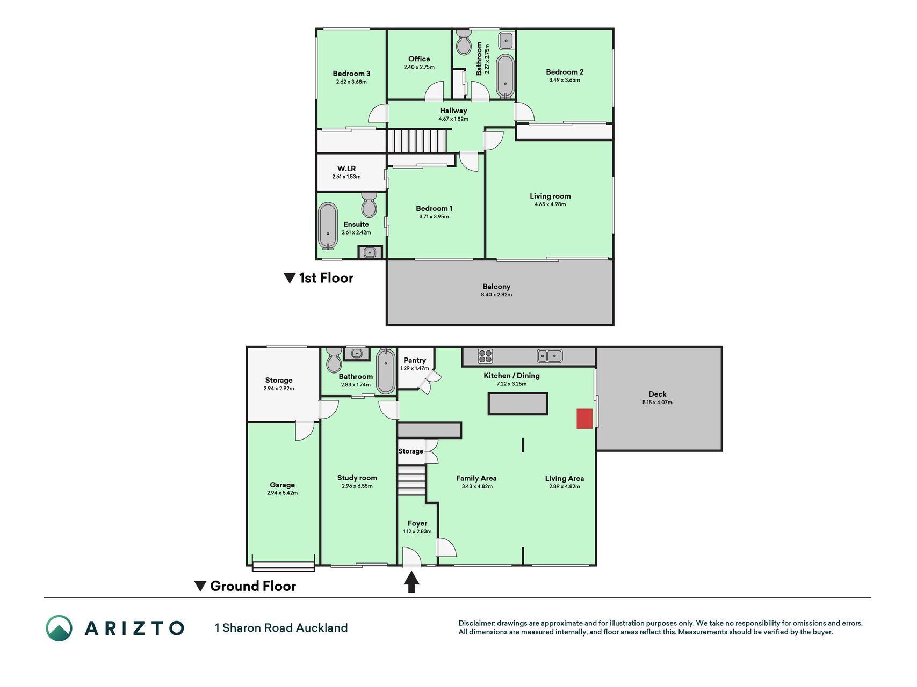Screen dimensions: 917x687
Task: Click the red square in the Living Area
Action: tap(584, 419)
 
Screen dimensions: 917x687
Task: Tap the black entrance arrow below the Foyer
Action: tap(411, 582)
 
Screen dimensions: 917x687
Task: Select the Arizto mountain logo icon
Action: tap(59, 628)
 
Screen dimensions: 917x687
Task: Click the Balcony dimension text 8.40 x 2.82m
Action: tap(496, 295)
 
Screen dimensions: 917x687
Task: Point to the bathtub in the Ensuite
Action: tap(328, 226)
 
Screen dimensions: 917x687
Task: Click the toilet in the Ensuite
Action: tap(369, 204)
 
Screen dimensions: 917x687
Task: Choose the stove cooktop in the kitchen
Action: tap(485, 356)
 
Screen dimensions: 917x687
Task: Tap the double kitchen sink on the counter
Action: tap(550, 355)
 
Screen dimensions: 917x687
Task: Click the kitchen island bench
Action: tap(518, 404)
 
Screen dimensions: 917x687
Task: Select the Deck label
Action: tap(658, 394)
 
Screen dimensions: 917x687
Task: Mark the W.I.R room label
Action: tap(346, 169)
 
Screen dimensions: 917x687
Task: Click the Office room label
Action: tap(419, 59)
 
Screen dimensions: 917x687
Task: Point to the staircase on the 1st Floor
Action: tap(417, 141)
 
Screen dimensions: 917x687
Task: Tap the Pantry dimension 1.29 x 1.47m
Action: tap(415, 368)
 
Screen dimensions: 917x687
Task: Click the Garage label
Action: tap(282, 485)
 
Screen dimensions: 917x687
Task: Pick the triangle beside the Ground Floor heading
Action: tap(200, 586)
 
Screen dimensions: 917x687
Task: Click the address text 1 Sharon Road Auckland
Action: tap(281, 628)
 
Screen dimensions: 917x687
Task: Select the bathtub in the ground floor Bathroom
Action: tap(385, 371)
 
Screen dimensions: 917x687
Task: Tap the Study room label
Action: tap(357, 478)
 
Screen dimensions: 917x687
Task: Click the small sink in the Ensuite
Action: tap(370, 252)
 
